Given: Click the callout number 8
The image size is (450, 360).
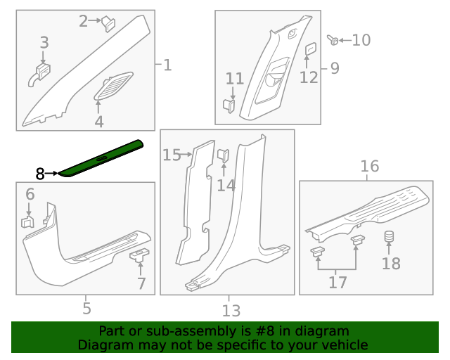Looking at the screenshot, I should click(40, 172).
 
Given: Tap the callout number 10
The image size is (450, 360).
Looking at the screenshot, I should click(361, 40).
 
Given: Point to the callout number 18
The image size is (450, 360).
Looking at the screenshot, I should click(391, 264).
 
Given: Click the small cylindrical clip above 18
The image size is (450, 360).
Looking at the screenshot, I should click(388, 238).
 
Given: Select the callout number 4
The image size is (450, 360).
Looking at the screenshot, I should click(99, 122).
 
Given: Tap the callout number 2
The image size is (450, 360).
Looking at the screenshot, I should click(84, 21).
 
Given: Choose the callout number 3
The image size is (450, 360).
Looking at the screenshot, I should click(44, 43).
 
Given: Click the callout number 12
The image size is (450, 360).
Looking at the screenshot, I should click(309, 77).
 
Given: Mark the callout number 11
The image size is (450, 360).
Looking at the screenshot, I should click(234, 78).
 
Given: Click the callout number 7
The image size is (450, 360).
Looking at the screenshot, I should click(141, 283).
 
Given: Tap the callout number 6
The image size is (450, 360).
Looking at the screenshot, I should click(30, 194).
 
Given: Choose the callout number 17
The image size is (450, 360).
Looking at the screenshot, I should click(337, 282).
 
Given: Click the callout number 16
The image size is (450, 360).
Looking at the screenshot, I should click(370, 166).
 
